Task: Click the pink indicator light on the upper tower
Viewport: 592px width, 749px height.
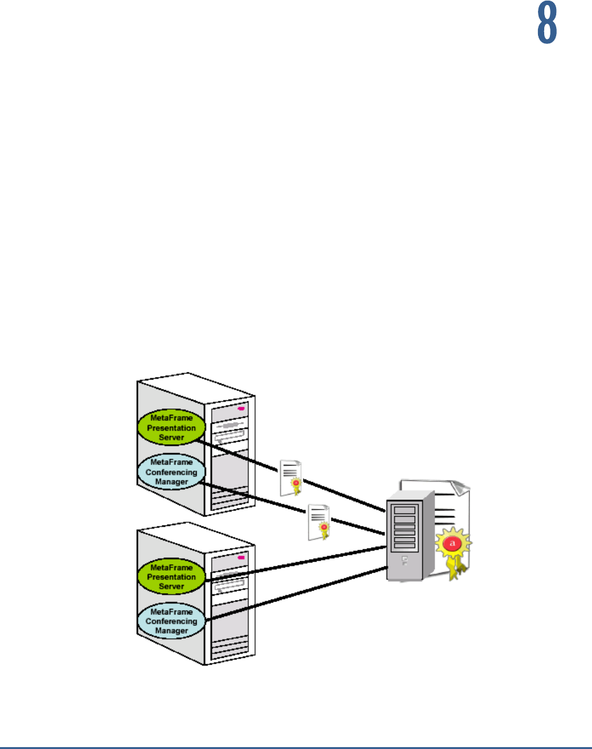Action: tap(241, 407)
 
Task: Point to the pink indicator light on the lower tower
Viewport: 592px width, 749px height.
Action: tap(241, 556)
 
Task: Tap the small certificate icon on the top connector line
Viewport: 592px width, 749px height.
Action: tap(290, 476)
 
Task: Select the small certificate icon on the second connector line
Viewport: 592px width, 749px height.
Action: tap(318, 522)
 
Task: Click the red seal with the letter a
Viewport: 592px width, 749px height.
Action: tap(453, 541)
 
